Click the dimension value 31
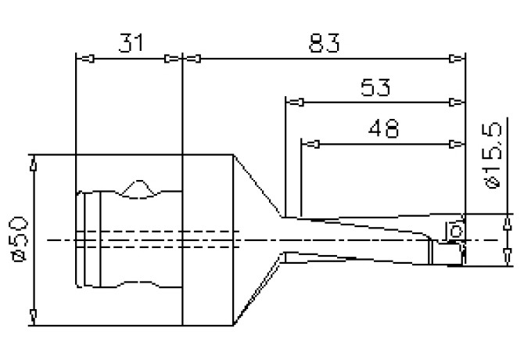pyautogui.click(x=130, y=43)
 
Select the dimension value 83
pyautogui.click(x=323, y=43)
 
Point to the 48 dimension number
pyautogui.click(x=381, y=128)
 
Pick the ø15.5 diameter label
pyautogui.click(x=492, y=157)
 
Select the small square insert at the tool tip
pyautogui.click(x=453, y=231)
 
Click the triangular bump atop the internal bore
pyautogui.click(x=138, y=188)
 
